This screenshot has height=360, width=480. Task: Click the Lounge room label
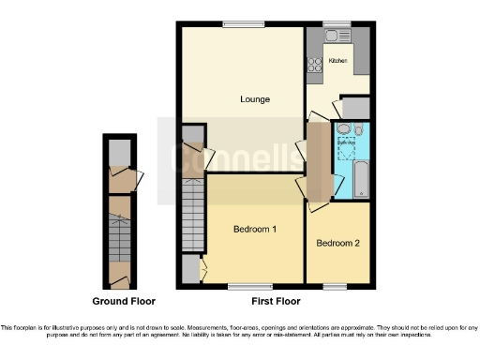pos(254,99)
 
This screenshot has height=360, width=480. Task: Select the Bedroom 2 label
pos(338,243)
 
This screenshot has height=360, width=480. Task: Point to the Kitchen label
pos(337,61)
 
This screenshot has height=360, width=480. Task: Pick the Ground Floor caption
pos(124,302)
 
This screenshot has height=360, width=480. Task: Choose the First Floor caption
pos(276,302)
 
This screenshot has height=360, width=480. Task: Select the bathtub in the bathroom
pos(362,178)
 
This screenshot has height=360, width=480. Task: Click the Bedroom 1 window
pos(243,286)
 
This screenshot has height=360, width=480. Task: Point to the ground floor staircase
pos(120,240)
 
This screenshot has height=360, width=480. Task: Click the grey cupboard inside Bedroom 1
pos(190,271)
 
